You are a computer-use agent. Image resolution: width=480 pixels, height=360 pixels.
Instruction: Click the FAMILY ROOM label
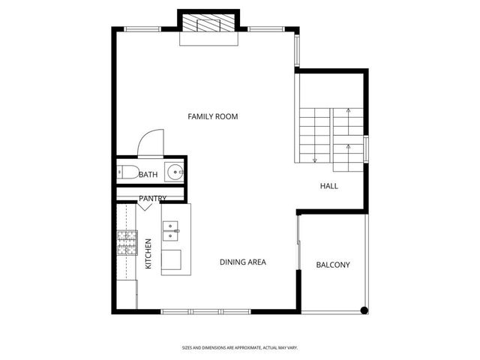(x=212, y=116)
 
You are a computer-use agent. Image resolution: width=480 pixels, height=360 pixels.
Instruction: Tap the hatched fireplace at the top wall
(x=209, y=25)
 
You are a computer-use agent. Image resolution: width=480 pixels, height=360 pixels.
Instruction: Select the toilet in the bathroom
(x=127, y=173)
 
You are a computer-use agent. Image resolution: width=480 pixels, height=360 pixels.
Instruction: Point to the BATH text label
(x=148, y=175)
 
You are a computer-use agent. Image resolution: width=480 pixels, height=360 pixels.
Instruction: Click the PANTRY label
(x=152, y=199)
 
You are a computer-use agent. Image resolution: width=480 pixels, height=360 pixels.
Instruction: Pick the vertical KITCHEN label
(x=148, y=254)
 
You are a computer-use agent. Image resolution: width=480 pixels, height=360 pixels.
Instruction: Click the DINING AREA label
(x=243, y=262)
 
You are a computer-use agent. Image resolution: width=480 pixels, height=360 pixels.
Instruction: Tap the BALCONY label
(x=332, y=265)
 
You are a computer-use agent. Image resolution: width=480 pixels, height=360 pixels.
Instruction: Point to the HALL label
(x=329, y=185)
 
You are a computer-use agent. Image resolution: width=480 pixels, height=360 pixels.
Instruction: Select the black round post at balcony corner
(x=364, y=310)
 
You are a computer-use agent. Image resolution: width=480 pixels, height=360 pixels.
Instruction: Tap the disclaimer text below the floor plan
(x=239, y=347)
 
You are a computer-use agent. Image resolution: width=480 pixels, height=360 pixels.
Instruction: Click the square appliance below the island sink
(x=171, y=259)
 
